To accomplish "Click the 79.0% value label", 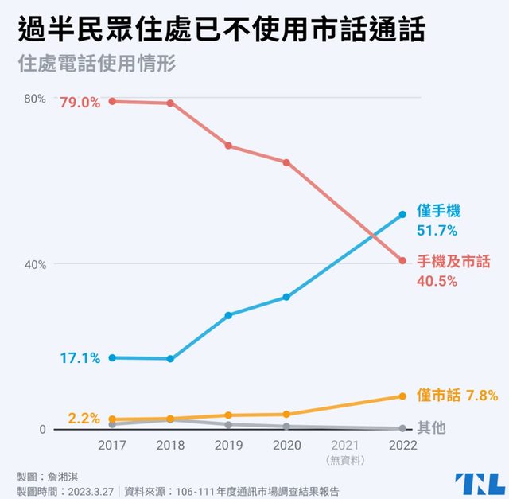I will [79, 102].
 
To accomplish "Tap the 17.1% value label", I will [80, 358].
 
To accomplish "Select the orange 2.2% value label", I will [84, 417].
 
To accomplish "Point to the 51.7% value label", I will [437, 231].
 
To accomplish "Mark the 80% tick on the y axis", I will [37, 99].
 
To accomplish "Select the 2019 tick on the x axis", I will [228, 446].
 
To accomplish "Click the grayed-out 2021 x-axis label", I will [344, 446].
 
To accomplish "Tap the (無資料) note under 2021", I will [344, 460].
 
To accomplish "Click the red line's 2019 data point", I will [228, 146].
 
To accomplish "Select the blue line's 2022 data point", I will [402, 214].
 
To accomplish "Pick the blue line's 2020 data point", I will [286, 297].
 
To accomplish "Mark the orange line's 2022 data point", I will [402, 396].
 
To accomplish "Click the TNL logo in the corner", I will [480, 483].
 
